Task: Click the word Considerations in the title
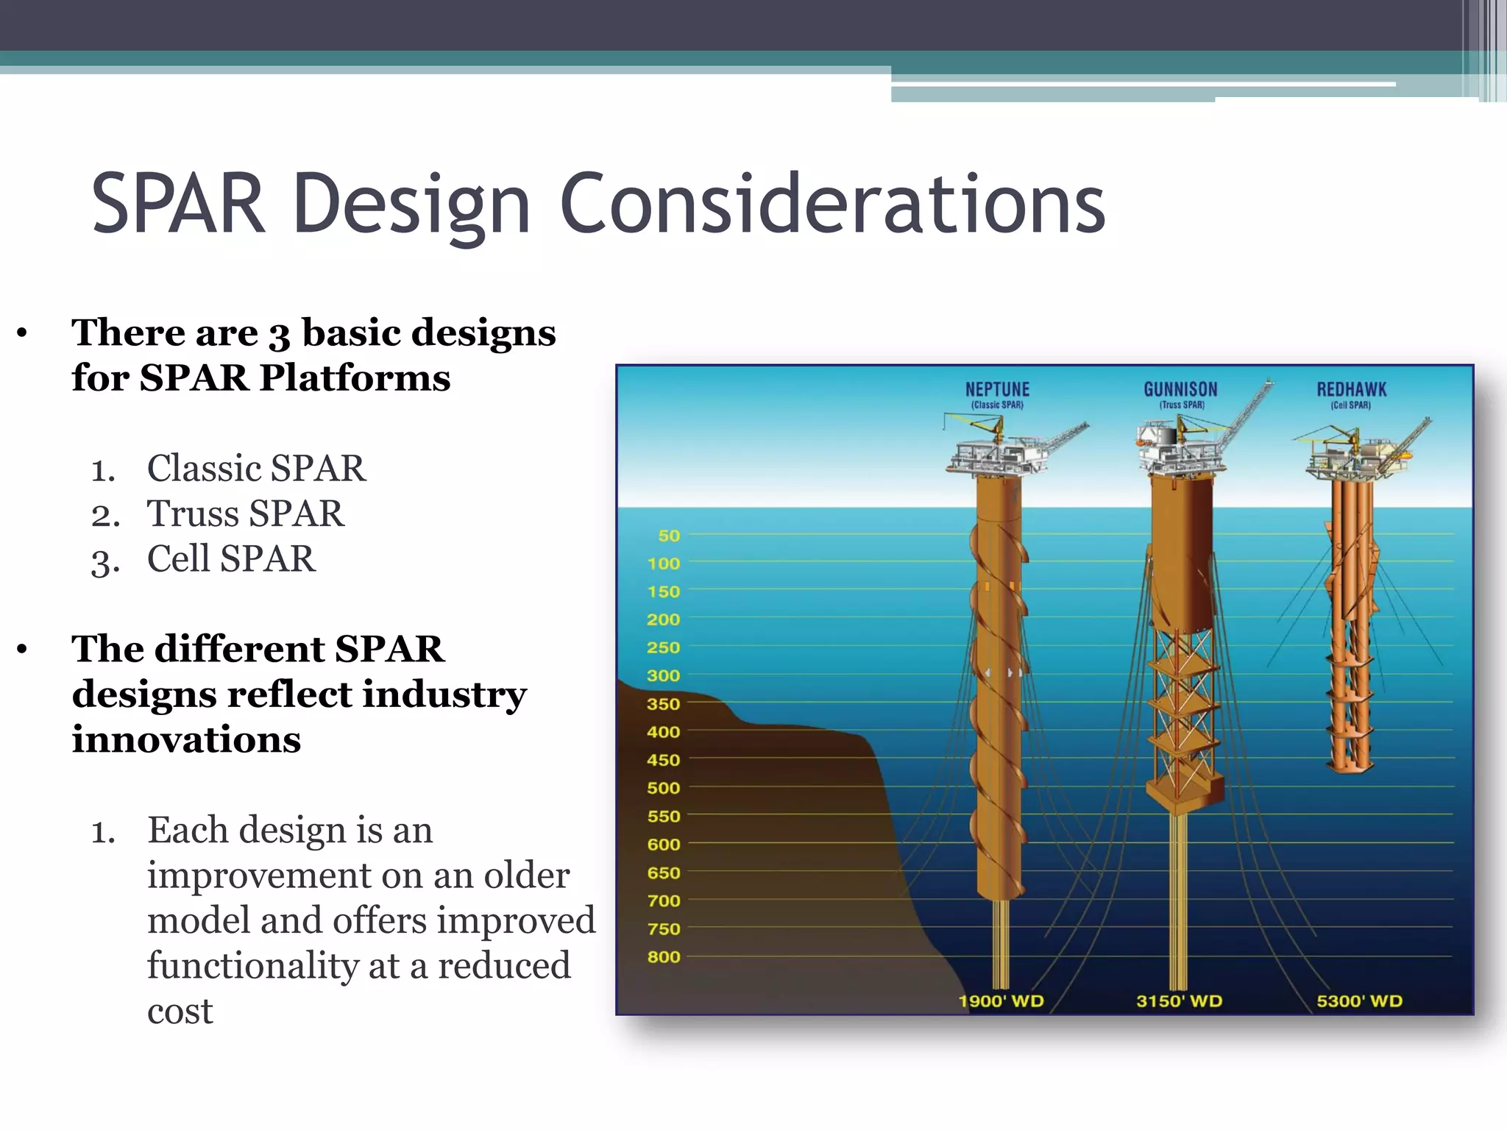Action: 831,204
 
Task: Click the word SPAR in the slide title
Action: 177,204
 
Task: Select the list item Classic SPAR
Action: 255,469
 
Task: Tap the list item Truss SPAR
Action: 245,514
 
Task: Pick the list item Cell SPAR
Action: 231,559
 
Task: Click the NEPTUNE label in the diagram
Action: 997,389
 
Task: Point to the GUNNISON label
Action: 1180,389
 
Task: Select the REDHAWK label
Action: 1351,389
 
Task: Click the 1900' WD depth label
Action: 1001,1001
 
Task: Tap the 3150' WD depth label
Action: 1179,1001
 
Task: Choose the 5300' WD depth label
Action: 1359,1001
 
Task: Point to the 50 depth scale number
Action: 668,536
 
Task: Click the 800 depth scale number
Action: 664,957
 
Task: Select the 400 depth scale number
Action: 664,732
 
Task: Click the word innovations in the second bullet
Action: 186,739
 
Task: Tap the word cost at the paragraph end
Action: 180,1012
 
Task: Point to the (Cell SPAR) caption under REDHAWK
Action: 1350,405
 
